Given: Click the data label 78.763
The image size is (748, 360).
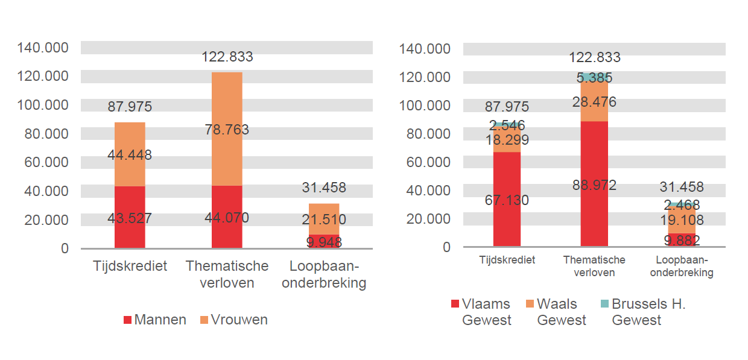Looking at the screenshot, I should [x=227, y=130].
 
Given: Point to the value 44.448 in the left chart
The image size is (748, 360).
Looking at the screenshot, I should [x=130, y=155].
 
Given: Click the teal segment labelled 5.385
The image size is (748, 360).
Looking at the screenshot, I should [x=594, y=77].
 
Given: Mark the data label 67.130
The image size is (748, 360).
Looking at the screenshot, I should [x=507, y=200].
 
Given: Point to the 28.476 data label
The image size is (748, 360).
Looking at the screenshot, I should [x=594, y=102].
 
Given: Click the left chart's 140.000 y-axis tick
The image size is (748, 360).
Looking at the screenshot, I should [x=43, y=48].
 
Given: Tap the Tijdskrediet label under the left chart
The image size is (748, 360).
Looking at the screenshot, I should [x=130, y=266].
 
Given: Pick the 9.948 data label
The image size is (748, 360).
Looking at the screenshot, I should [x=324, y=242].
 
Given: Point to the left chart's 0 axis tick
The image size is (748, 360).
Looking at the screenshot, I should [x=65, y=248].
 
